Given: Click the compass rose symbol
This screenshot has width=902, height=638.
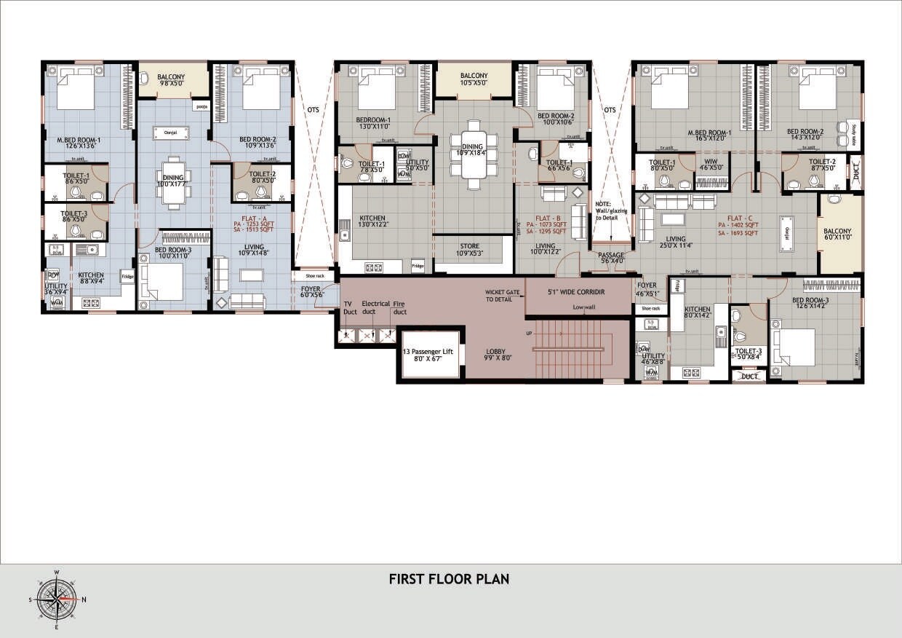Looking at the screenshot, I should coord(57,599).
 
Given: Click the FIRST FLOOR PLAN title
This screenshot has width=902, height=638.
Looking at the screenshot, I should coord(449,580).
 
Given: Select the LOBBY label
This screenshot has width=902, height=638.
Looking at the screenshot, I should coord(495,355).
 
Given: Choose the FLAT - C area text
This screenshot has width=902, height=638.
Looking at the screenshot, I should coord(738,226).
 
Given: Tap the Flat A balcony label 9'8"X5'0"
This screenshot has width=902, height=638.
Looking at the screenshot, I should coord(173,80).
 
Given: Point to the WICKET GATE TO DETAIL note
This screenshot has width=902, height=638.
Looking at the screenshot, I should coord(503,296).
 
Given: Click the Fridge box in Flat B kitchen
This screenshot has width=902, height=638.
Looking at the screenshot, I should coord(418,266).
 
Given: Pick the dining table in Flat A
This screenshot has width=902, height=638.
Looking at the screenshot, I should coord(172,183).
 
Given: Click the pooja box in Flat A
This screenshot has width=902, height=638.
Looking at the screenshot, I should coord(201,107).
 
